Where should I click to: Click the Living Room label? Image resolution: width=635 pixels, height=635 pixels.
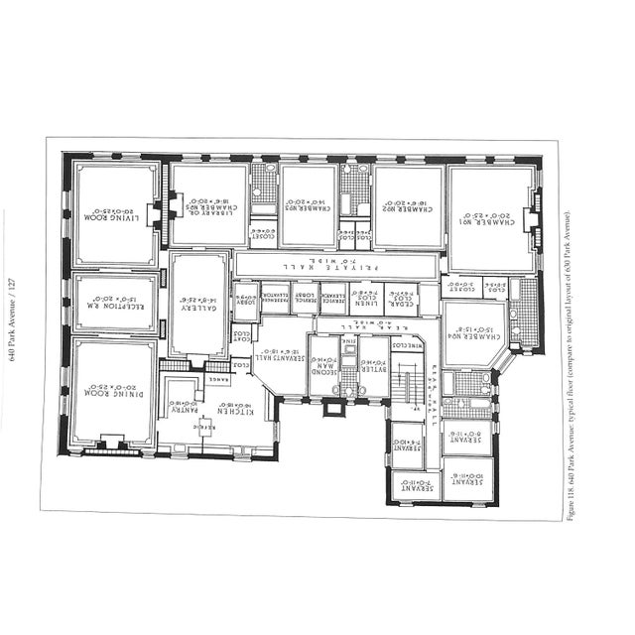(116, 214)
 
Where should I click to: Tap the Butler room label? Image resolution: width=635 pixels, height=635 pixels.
(374, 367)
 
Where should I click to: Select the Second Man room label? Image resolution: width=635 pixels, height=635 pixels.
(324, 368)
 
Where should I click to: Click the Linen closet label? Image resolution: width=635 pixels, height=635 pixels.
(366, 297)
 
